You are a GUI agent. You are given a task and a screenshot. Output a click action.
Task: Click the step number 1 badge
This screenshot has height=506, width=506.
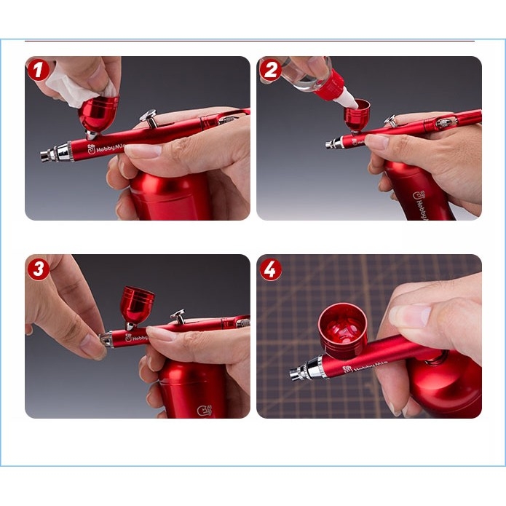(x=38, y=70)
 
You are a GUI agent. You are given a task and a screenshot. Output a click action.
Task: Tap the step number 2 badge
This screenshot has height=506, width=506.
(x=270, y=70)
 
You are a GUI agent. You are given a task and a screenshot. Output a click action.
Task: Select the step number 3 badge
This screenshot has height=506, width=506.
(x=38, y=269)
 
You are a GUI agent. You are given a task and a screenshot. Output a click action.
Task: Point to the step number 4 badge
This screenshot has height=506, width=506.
(x=270, y=269)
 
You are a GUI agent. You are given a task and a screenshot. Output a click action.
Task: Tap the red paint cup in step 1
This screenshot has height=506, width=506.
(x=98, y=114)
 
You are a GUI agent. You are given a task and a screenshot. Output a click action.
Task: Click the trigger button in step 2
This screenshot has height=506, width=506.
(x=391, y=119)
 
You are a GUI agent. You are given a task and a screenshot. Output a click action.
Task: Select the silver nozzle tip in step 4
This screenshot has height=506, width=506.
(x=298, y=373)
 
